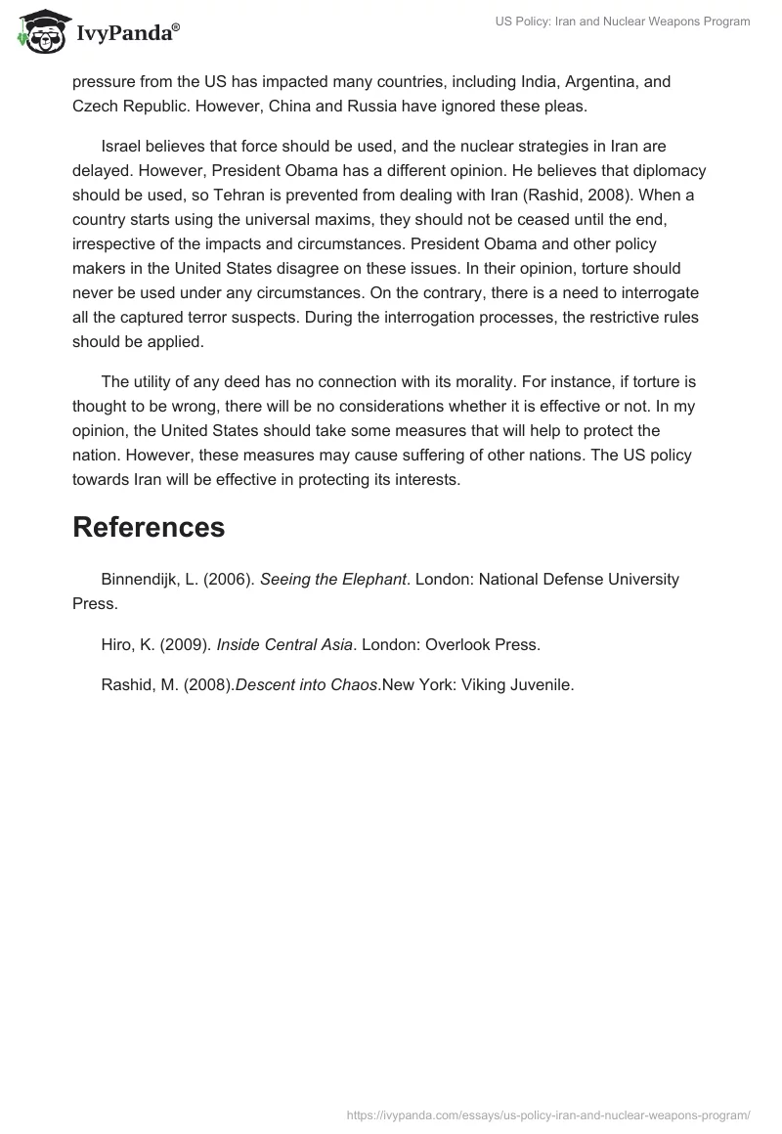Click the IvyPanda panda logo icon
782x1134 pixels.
38,32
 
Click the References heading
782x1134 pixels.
149,527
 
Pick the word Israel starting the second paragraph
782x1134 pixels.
123,147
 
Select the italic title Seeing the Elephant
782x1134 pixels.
333,580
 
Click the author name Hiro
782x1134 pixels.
118,645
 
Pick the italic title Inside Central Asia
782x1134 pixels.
283,645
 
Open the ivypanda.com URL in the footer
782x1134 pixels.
548,1114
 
